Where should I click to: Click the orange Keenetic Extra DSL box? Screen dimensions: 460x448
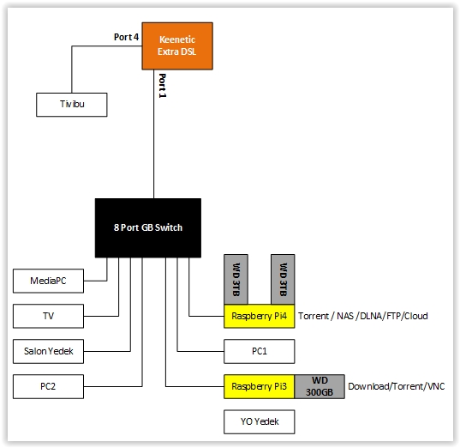pyautogui.click(x=177, y=45)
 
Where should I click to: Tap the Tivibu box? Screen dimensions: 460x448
pyautogui.click(x=72, y=105)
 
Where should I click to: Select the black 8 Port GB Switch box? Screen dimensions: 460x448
pyautogui.click(x=148, y=227)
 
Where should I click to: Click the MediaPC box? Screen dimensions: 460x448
pyautogui.click(x=48, y=281)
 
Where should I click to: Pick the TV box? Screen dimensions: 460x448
pyautogui.click(x=48, y=316)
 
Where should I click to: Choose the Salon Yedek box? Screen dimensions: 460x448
pyautogui.click(x=48, y=351)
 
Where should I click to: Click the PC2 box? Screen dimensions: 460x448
pyautogui.click(x=48, y=386)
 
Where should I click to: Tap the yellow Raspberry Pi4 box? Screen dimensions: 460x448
pyautogui.click(x=259, y=316)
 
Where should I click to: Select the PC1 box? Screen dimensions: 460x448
pyautogui.click(x=259, y=351)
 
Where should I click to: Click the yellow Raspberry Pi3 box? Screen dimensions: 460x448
pyautogui.click(x=259, y=386)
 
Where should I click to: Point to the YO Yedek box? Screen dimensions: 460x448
pyautogui.click(x=259, y=422)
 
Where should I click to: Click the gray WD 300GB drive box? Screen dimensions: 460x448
pyautogui.click(x=320, y=386)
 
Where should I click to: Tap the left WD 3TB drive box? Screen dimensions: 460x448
pyautogui.click(x=236, y=279)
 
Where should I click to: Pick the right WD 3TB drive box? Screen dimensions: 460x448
pyautogui.click(x=283, y=279)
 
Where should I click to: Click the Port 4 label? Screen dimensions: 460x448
pyautogui.click(x=126, y=37)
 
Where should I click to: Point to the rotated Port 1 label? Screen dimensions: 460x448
pyautogui.click(x=162, y=86)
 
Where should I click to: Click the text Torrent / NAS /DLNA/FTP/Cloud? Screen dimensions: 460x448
pyautogui.click(x=363, y=316)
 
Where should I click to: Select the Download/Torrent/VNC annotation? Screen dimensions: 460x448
pyautogui.click(x=397, y=386)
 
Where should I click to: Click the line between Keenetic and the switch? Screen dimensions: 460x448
pyautogui.click(x=153, y=134)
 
